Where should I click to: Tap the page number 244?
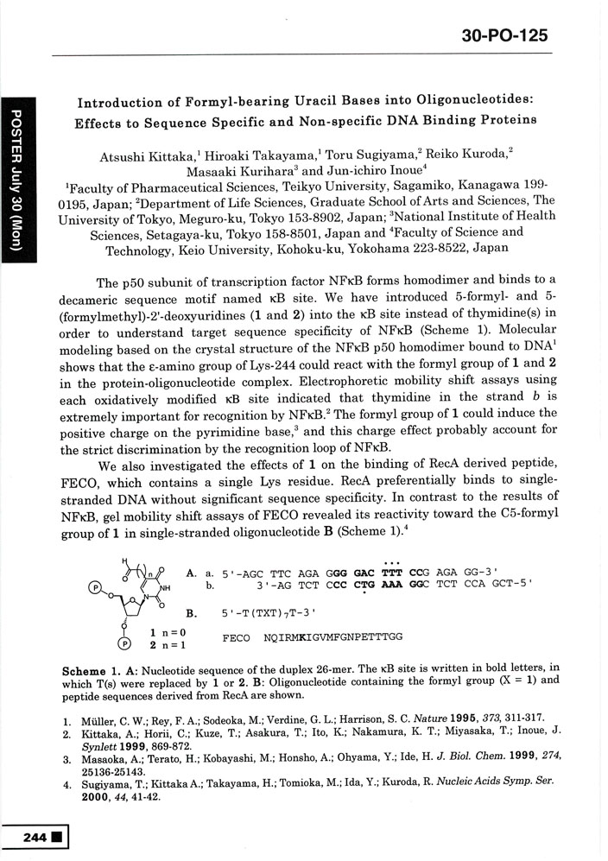[x=35, y=837]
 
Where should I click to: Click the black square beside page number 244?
[x=57, y=837]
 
